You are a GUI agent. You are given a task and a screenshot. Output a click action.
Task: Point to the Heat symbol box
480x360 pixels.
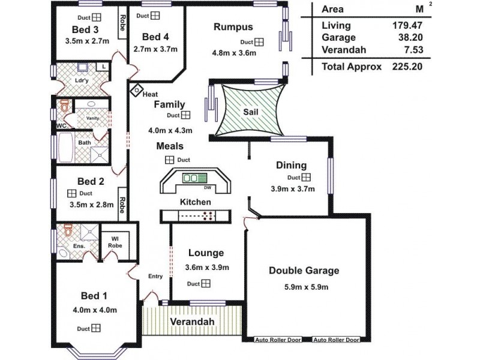click(136, 91)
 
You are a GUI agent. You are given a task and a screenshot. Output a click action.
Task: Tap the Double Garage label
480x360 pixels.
click(304, 271)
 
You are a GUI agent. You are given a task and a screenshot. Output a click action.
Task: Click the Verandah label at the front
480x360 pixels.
click(191, 322)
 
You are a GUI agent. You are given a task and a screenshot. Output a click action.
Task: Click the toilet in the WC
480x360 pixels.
click(63, 107)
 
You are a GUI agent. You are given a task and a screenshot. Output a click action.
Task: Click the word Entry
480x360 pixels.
click(155, 276)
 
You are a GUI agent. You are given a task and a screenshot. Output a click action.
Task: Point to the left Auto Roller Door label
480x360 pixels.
click(278, 340)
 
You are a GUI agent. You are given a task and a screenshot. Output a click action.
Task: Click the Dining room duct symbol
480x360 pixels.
click(306, 178)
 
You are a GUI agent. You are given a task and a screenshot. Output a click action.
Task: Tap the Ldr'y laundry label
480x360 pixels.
click(82, 81)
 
